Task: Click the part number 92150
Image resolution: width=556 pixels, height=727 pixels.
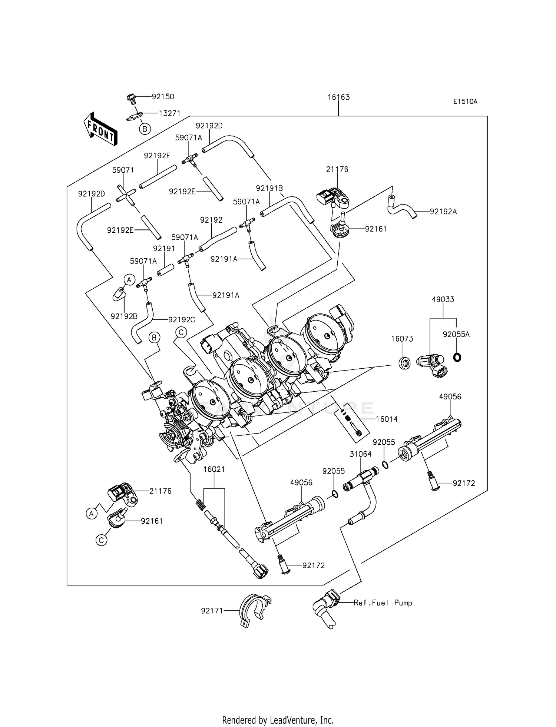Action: [163, 97]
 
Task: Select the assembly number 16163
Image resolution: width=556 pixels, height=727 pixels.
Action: [338, 97]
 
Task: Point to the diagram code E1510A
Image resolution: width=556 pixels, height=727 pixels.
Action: [465, 102]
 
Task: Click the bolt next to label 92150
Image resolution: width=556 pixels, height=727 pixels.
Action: [131, 98]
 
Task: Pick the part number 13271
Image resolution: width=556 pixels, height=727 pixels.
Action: [169, 113]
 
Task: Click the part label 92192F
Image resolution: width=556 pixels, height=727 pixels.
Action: [157, 156]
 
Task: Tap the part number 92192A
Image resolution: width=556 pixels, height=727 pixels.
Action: [443, 212]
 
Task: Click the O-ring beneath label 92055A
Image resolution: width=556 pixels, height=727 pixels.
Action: [457, 358]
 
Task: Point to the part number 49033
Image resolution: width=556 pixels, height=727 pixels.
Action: [443, 299]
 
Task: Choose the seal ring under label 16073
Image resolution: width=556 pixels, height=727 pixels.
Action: [404, 363]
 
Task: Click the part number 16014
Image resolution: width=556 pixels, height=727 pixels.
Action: [386, 419]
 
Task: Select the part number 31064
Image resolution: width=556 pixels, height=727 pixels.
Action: [361, 454]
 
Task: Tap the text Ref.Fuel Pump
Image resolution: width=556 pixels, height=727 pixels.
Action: [383, 603]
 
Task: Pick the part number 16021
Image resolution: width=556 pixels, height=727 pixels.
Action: [214, 469]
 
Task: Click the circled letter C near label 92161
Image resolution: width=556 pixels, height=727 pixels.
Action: [101, 541]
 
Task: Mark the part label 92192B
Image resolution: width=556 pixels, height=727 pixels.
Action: [124, 316]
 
